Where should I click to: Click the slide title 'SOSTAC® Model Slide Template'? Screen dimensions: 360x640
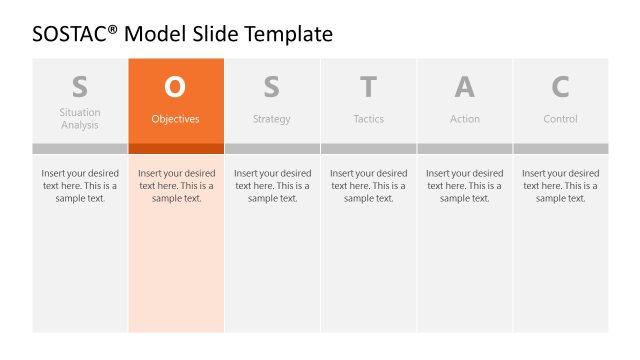click(182, 34)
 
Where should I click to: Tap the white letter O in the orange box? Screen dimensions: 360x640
click(175, 88)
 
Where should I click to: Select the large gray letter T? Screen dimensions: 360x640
click(368, 88)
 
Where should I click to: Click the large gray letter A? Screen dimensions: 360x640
click(464, 88)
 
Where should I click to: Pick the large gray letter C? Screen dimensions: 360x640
click(560, 88)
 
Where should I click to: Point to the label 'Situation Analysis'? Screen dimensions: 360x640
click(80, 119)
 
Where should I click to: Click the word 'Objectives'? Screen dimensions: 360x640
click(175, 119)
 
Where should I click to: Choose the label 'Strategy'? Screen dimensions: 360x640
click(272, 119)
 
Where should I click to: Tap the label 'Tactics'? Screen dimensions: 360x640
click(368, 119)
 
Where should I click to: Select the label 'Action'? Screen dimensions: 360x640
click(464, 119)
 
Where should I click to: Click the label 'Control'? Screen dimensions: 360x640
click(560, 119)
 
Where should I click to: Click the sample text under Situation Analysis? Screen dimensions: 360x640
click(80, 185)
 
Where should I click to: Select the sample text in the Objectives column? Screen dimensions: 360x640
click(176, 185)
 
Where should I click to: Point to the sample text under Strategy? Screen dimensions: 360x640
click(272, 185)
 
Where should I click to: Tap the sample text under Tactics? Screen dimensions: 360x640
click(368, 185)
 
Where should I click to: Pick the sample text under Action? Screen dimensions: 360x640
click(464, 185)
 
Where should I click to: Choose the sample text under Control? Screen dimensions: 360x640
click(560, 185)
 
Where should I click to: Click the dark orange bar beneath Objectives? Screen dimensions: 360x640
click(176, 149)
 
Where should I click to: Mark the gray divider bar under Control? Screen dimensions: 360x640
click(560, 149)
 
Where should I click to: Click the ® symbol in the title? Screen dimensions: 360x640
click(112, 29)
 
